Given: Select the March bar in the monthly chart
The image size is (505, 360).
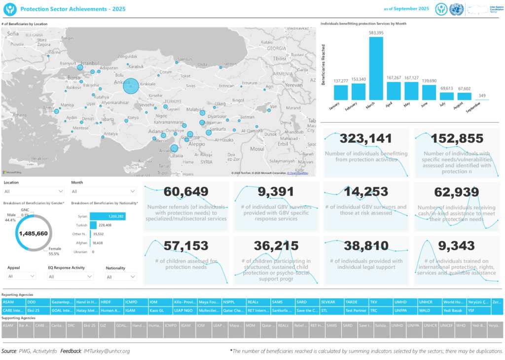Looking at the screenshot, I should click(x=376, y=69).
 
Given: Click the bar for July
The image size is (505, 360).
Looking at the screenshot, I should click(x=447, y=97).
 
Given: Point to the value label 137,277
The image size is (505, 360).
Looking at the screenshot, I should click(x=341, y=81).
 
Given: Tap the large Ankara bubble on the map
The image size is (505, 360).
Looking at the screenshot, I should click(x=131, y=86).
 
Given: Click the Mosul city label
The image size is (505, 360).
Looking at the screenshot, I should click(x=257, y=148).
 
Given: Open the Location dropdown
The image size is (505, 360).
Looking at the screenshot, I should click(x=34, y=191).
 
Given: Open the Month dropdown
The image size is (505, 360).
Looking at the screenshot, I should click(x=103, y=191).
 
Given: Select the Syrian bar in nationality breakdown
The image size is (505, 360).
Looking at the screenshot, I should click(x=107, y=216).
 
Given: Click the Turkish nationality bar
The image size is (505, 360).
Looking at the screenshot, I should click(x=93, y=225).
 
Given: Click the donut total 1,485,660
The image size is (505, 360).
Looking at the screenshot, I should click(x=34, y=233).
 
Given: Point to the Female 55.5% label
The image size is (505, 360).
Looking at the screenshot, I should click(x=54, y=252).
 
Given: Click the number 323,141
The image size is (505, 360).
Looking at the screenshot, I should click(x=365, y=139).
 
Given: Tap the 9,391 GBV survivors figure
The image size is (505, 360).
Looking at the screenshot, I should click(x=275, y=192).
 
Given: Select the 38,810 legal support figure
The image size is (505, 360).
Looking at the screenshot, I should click(x=366, y=246).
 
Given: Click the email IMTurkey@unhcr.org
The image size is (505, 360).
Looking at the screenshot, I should click(x=107, y=351).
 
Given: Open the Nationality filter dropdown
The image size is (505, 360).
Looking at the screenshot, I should click(x=120, y=277).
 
